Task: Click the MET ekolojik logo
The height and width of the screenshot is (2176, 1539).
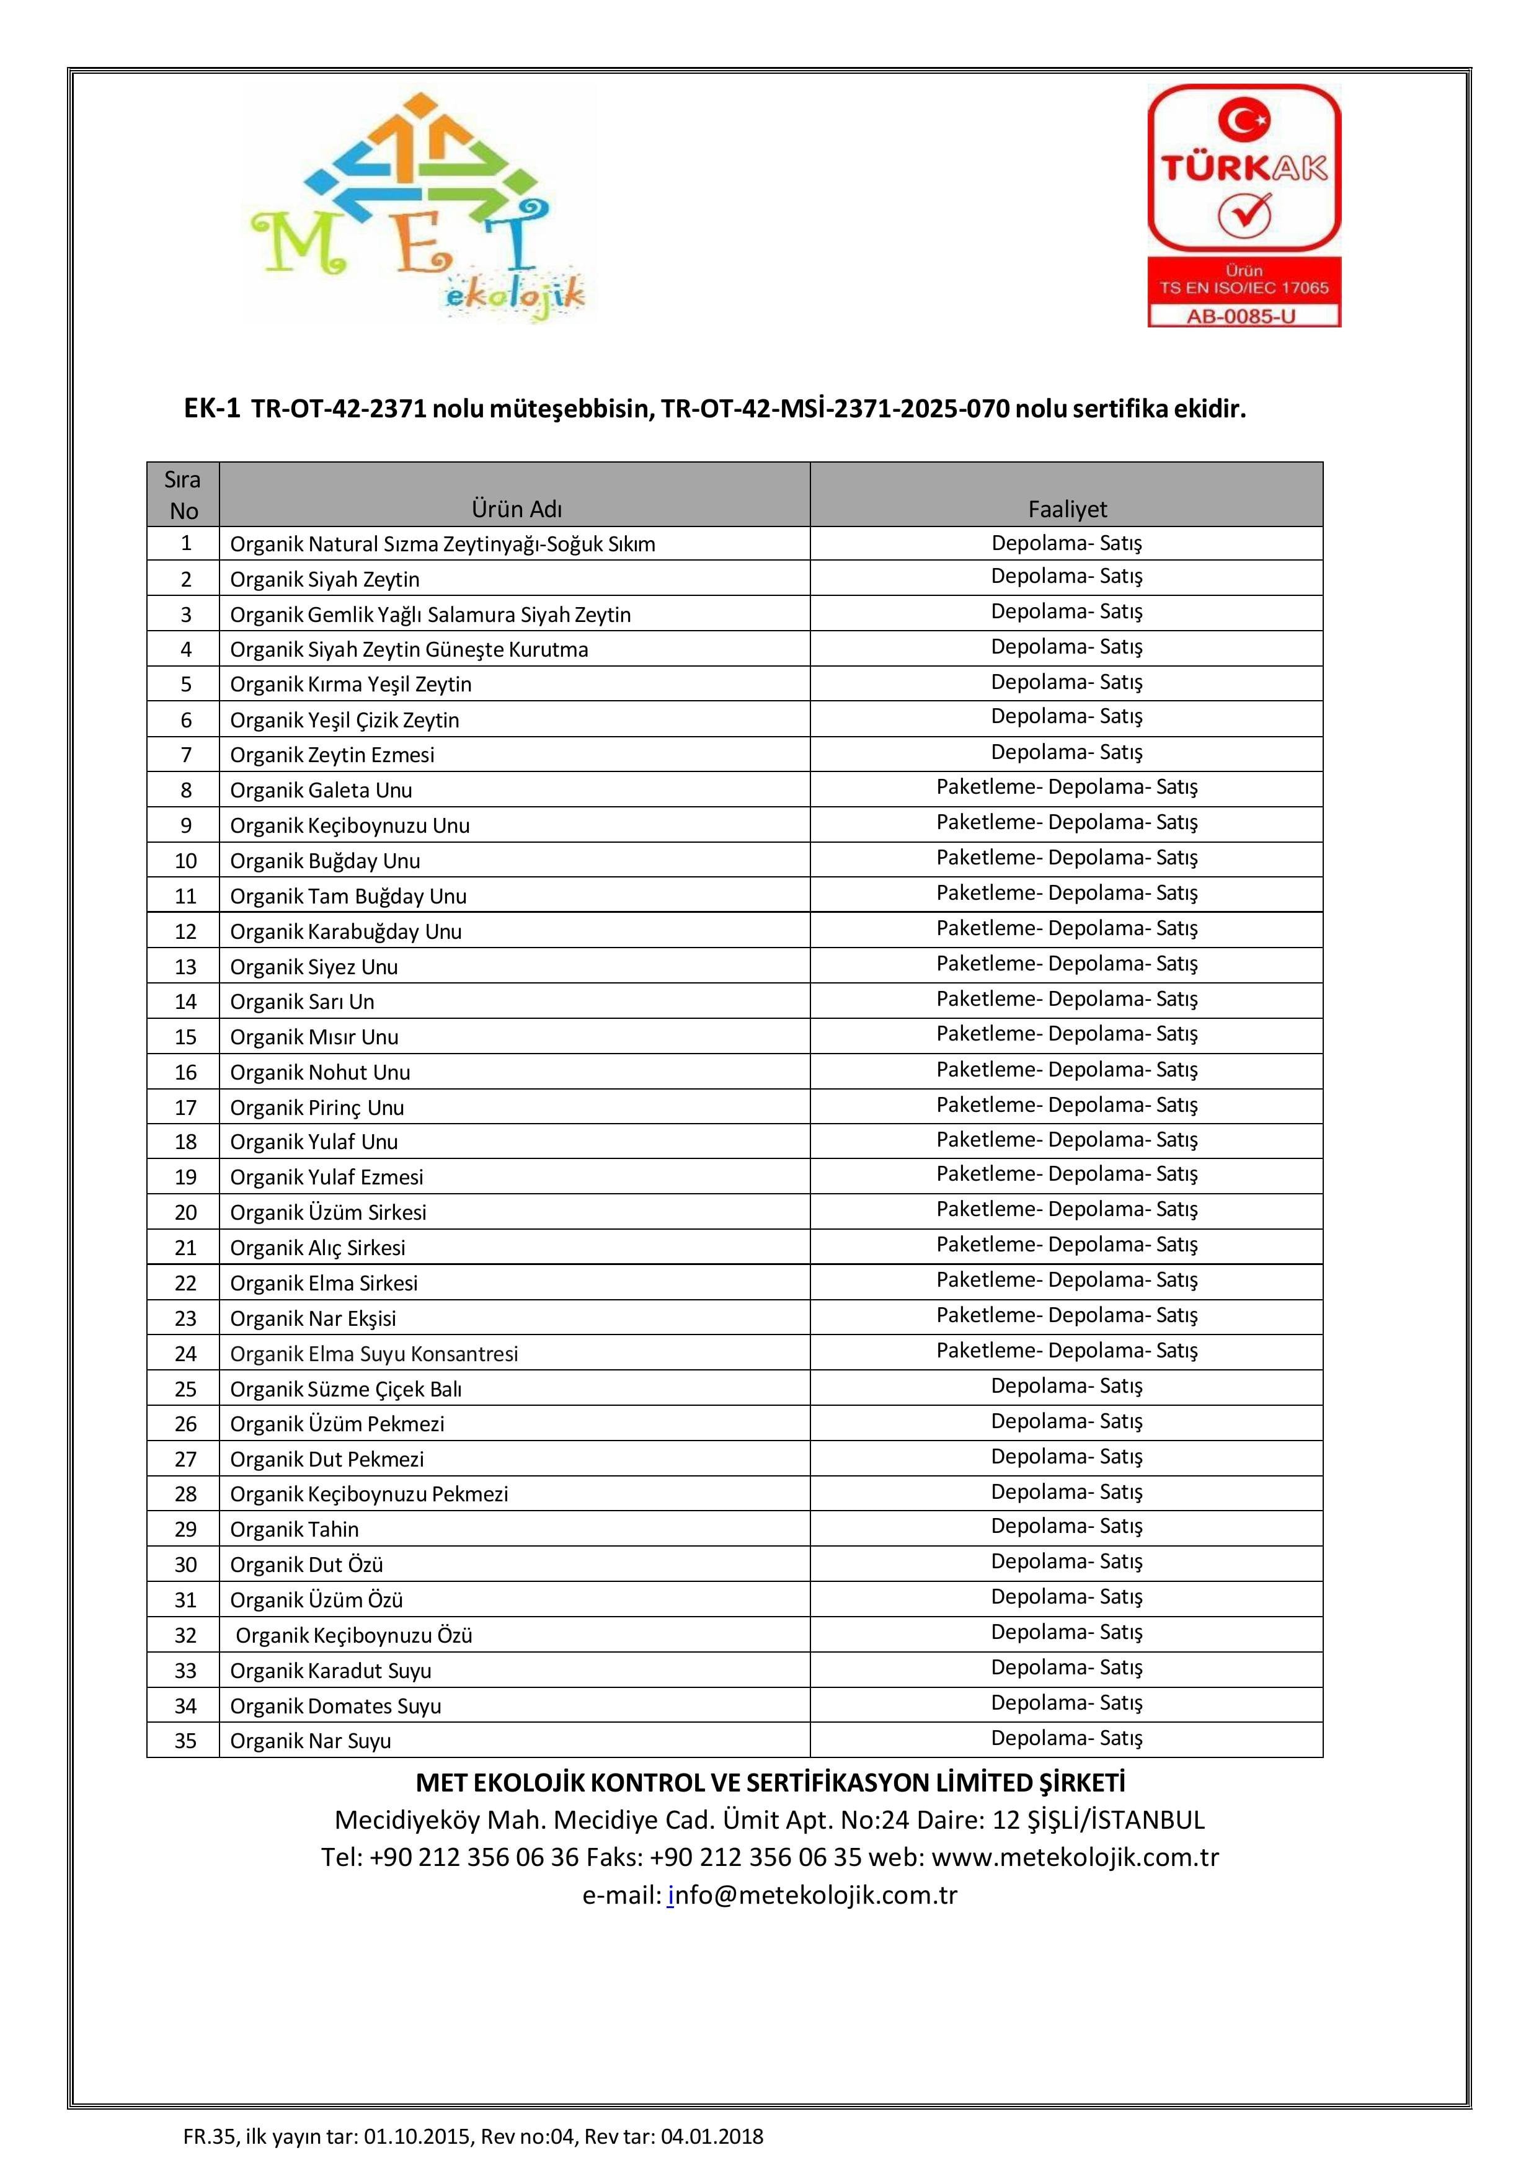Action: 418,206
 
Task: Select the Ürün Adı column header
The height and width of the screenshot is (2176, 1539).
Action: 517,509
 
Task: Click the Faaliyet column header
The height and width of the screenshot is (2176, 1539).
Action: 1067,509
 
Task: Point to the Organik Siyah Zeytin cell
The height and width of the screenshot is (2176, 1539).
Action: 325,579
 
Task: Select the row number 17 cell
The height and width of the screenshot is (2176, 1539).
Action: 186,1107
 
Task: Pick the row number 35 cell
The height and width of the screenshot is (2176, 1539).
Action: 186,1740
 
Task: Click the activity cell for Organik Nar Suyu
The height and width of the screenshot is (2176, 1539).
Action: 1067,1738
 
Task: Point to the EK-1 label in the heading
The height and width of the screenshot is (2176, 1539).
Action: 212,409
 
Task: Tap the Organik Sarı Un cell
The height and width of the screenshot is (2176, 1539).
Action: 303,1001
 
